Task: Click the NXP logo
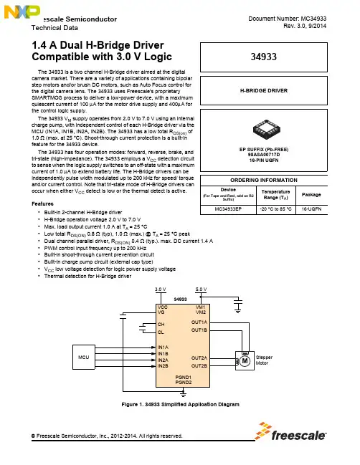point(22,12)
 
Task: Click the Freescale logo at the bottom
point(290,431)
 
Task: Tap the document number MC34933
point(313,19)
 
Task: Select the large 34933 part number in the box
point(263,57)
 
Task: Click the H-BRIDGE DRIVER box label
point(264,91)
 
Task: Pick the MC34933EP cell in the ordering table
point(228,209)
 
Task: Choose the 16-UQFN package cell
point(311,209)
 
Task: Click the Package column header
point(311,195)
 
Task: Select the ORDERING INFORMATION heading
point(264,181)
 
